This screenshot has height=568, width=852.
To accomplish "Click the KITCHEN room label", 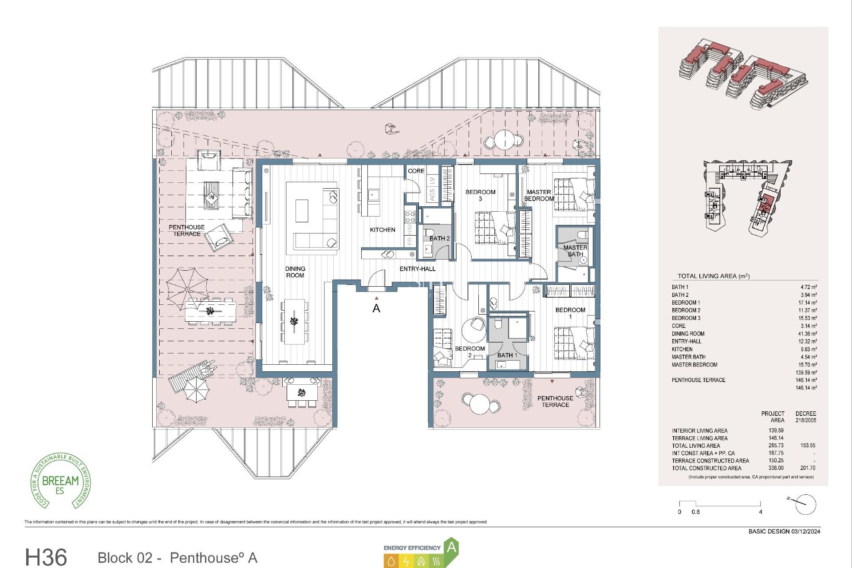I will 383,230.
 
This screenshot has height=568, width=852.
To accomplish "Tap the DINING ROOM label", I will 295,272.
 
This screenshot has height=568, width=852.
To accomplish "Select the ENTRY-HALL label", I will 418,269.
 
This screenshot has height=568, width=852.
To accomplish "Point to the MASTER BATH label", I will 576,251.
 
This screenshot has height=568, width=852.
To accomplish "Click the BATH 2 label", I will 439,239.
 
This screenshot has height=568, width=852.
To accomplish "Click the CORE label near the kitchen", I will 416,171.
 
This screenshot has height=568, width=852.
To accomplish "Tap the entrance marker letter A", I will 376,308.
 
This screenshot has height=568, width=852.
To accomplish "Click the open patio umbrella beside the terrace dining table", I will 187,289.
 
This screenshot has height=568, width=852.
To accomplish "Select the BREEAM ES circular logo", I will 61,481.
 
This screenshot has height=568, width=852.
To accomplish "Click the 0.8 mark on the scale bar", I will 695,512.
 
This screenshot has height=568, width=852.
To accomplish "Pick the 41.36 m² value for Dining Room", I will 808,334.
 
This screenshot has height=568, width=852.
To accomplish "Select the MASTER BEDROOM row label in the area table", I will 694,365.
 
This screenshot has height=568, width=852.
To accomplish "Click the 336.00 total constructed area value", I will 776,468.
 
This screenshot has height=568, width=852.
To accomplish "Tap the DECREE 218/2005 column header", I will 806,417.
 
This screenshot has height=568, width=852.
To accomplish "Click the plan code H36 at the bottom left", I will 46,557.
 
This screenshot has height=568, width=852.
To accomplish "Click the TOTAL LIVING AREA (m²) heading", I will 713,276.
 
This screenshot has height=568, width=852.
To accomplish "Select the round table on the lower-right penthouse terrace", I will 480,403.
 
